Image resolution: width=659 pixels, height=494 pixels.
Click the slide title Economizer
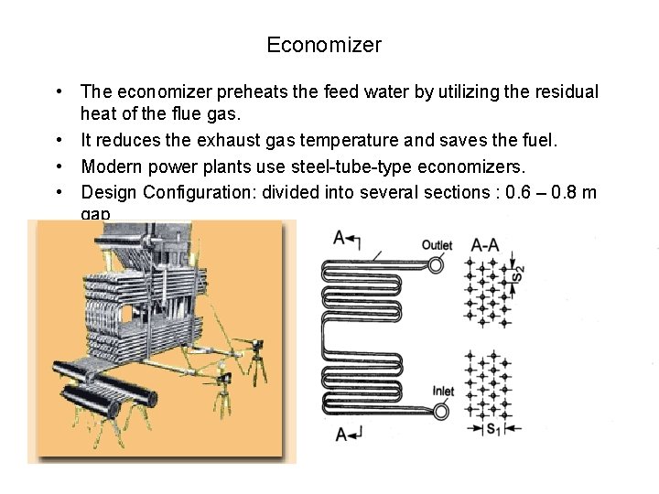tap(324, 44)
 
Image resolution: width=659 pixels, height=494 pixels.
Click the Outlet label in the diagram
tap(437, 244)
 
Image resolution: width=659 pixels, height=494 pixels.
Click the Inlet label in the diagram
tap(444, 392)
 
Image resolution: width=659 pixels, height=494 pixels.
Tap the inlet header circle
tap(440, 412)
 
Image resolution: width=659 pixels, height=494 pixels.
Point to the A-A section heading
tap(485, 244)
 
